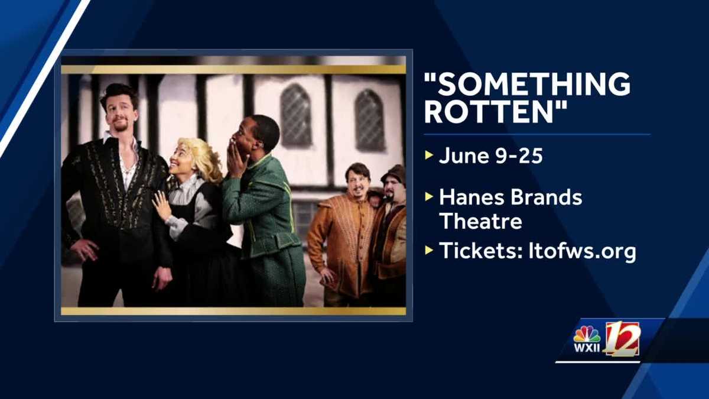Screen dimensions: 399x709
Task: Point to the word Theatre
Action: pyautogui.click(x=480, y=221)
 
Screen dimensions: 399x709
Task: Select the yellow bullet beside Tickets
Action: pyautogui.click(x=428, y=251)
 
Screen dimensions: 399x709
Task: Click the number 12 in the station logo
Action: pyautogui.click(x=622, y=338)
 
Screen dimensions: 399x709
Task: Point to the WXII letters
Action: pyautogui.click(x=587, y=348)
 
